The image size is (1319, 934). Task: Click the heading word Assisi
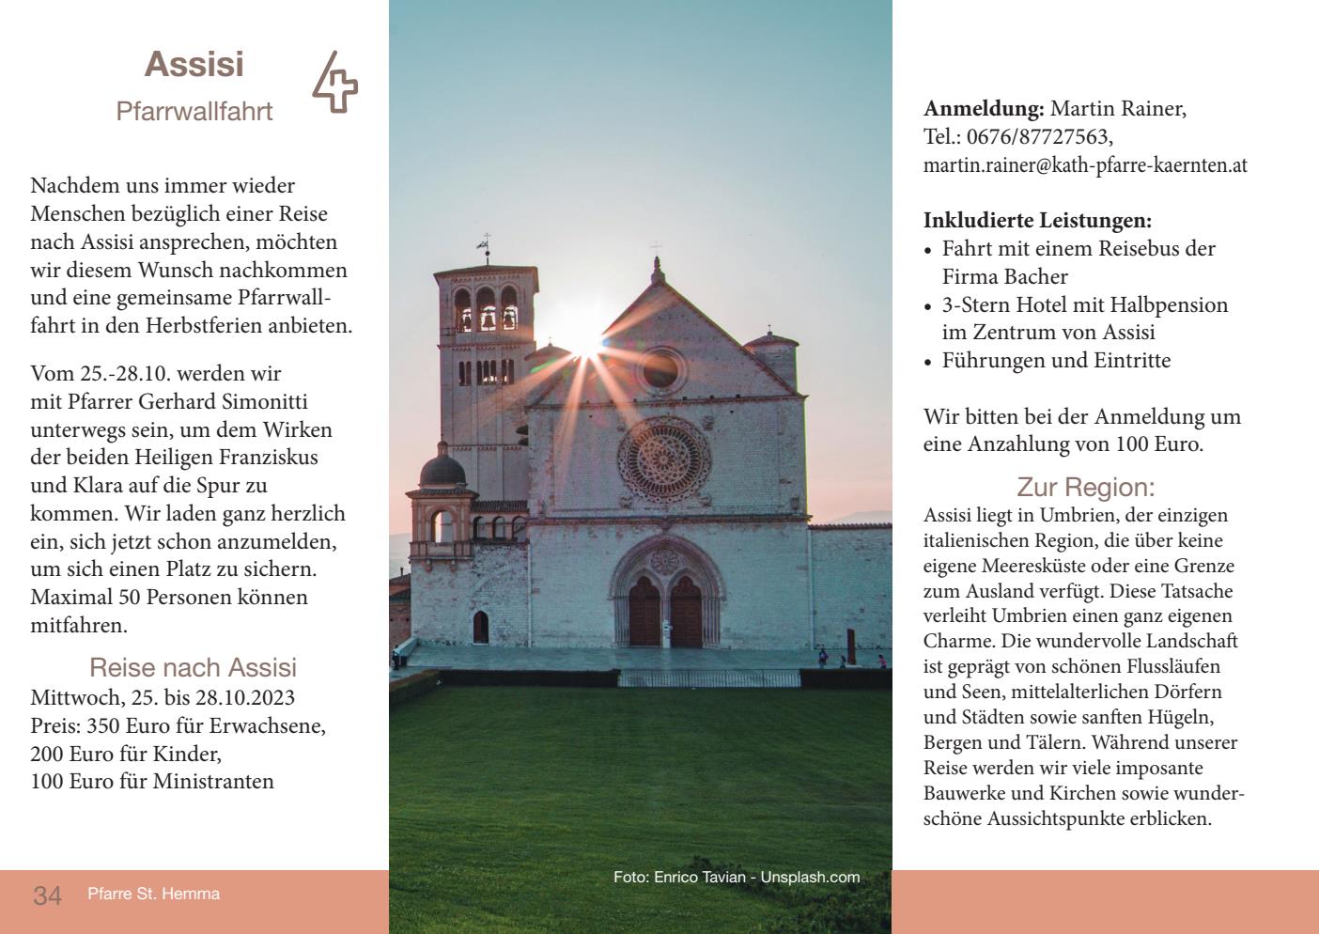pyautogui.click(x=194, y=65)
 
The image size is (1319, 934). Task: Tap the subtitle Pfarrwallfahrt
pyautogui.click(x=194, y=111)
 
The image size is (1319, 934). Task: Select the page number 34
pyautogui.click(x=48, y=895)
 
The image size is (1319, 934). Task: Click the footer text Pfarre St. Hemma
pyautogui.click(x=153, y=894)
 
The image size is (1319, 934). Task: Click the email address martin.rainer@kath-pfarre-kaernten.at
pyautogui.click(x=1085, y=165)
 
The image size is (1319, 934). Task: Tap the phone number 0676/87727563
pyautogui.click(x=1038, y=137)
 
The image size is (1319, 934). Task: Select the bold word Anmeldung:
pyautogui.click(x=984, y=109)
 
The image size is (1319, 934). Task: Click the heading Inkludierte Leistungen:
pyautogui.click(x=1037, y=221)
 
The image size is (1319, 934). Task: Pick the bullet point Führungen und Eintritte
pyautogui.click(x=1056, y=361)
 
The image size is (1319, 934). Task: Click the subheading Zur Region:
pyautogui.click(x=1085, y=487)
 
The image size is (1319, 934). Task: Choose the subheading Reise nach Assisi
pyautogui.click(x=193, y=667)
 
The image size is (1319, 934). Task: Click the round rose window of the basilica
pyautogui.click(x=663, y=459)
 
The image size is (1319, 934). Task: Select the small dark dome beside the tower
pyautogui.click(x=442, y=467)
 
